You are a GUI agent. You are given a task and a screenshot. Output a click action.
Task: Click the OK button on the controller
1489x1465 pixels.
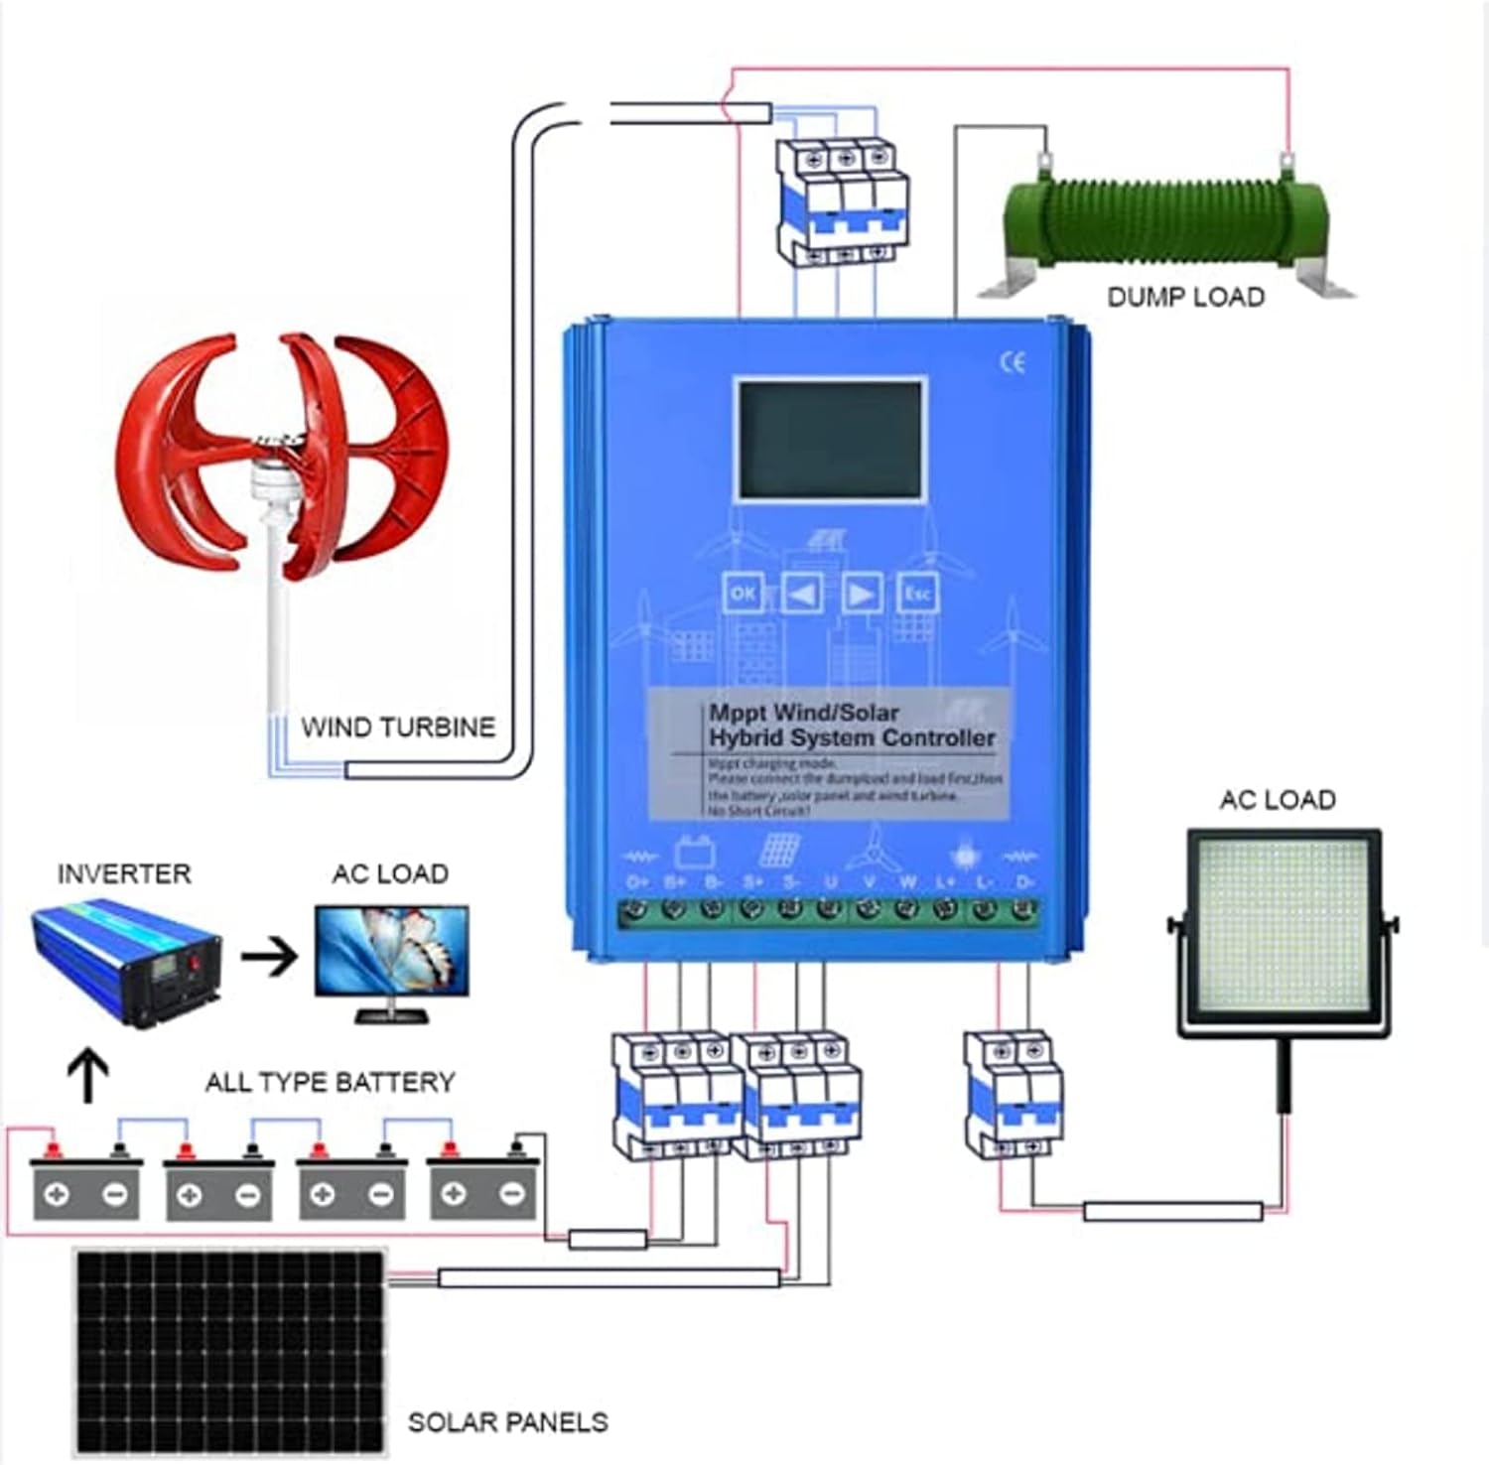point(743,594)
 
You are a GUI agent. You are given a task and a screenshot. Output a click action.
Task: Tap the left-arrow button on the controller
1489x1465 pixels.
point(802,594)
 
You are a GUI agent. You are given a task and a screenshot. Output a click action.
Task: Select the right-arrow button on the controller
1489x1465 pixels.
point(861,594)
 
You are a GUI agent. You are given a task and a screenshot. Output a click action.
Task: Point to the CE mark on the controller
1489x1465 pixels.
point(1012,363)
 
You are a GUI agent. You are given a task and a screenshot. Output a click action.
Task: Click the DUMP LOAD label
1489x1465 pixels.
point(1185,297)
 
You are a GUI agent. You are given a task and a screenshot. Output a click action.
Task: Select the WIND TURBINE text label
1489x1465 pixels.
point(398,728)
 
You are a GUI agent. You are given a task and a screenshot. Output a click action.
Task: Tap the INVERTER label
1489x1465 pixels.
point(124,874)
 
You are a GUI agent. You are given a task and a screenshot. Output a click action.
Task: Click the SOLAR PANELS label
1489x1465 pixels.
point(507,1422)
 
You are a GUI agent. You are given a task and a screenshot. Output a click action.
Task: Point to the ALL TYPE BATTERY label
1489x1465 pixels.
point(330,1082)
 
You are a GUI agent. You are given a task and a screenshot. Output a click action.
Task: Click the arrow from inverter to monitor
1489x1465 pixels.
point(269,957)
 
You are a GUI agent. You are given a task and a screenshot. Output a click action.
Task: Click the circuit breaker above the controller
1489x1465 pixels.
point(843,201)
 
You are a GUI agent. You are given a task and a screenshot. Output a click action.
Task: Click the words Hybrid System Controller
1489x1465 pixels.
point(851,738)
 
